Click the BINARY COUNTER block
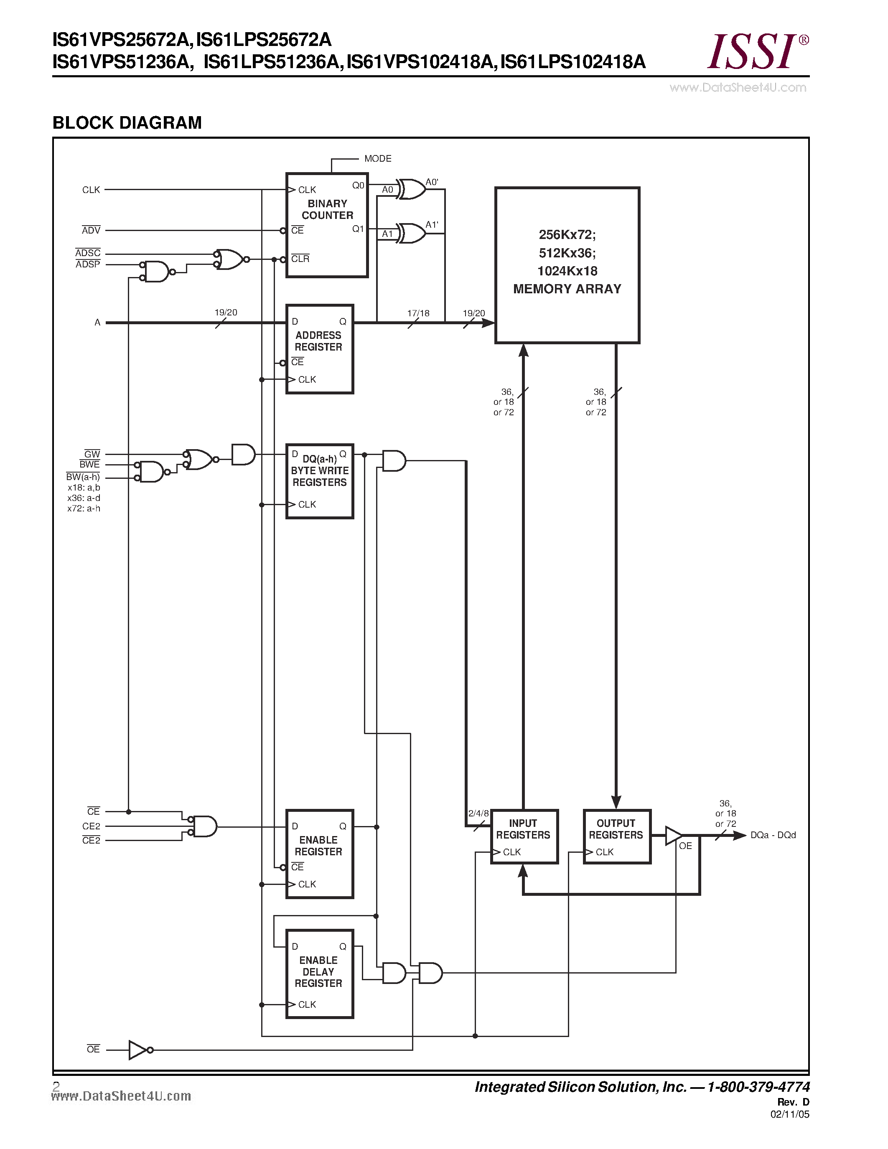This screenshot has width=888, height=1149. click(x=327, y=225)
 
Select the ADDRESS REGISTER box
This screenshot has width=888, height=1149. click(x=319, y=349)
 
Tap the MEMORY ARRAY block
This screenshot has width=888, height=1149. click(x=567, y=264)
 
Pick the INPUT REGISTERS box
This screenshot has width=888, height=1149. click(x=524, y=836)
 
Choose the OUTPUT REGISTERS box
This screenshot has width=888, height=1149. click(x=616, y=836)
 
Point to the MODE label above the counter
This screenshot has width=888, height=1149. click(x=378, y=158)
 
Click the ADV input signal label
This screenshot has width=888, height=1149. click(x=91, y=231)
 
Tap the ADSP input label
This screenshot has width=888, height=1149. click(x=87, y=264)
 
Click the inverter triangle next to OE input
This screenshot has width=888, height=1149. click(x=138, y=1050)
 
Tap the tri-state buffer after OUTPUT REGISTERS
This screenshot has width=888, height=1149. click(x=673, y=835)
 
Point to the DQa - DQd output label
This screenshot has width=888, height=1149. click(x=773, y=835)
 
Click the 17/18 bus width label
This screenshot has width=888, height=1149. click(x=418, y=313)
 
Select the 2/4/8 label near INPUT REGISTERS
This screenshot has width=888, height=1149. click(x=478, y=813)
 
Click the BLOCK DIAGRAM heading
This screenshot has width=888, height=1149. click(x=127, y=122)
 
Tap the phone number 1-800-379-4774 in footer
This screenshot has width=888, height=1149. click(x=758, y=1087)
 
